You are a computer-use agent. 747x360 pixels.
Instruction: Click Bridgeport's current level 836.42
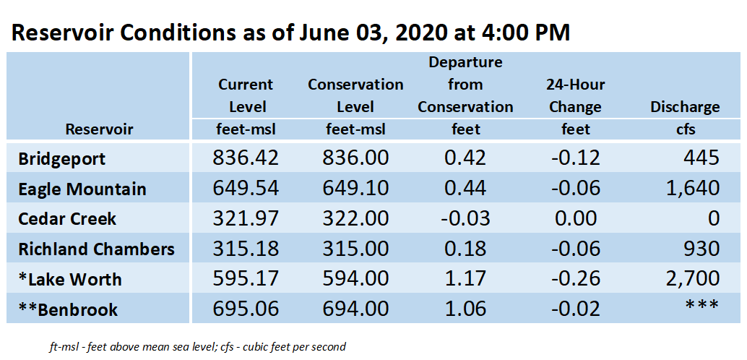tap(246, 158)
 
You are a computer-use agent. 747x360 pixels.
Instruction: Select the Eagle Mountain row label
tap(82, 189)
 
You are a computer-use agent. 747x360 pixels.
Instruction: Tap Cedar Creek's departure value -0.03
tap(465, 219)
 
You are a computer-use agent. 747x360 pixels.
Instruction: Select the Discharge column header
tap(685, 107)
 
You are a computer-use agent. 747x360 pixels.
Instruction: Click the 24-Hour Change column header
tap(576, 96)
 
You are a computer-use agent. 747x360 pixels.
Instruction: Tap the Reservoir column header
tap(99, 129)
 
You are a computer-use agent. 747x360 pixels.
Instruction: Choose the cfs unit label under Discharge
tap(685, 129)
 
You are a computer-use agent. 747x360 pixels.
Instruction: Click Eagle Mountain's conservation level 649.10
tap(355, 189)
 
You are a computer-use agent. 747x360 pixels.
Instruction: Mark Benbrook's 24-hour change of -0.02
tap(576, 309)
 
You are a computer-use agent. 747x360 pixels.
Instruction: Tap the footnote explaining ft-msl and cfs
tap(197, 347)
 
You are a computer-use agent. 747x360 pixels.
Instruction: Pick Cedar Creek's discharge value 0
tap(713, 219)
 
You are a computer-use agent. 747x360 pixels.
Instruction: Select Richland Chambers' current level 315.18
tap(246, 249)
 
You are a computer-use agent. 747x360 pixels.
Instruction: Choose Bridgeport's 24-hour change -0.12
tap(576, 158)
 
